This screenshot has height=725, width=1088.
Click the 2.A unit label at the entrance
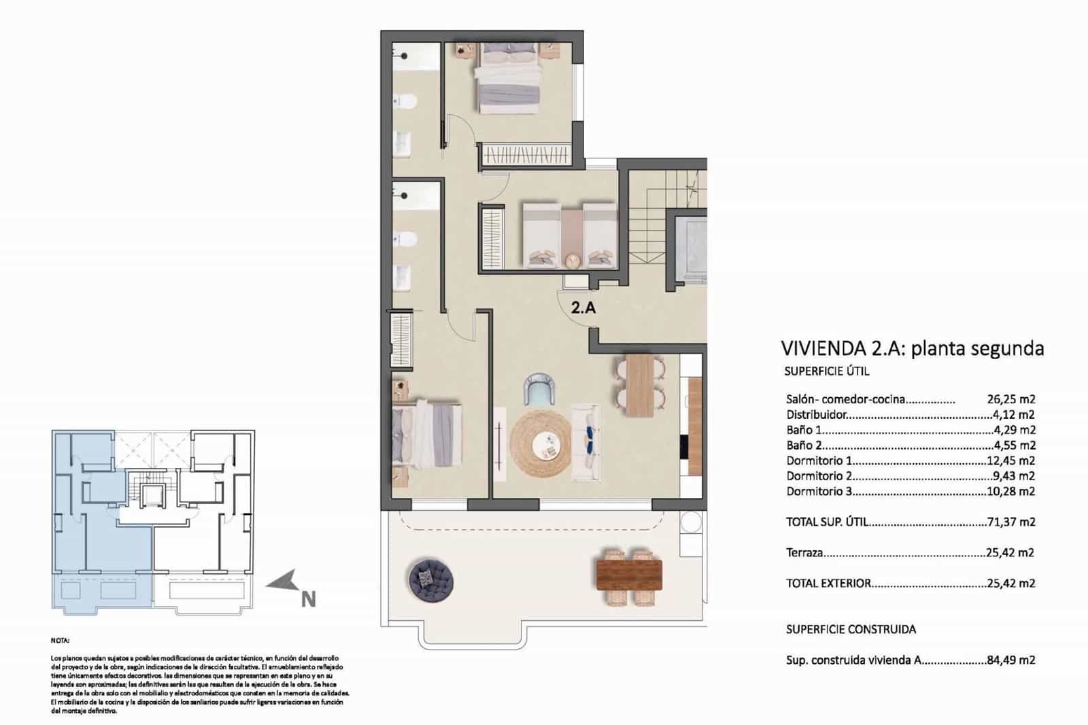pos(583,307)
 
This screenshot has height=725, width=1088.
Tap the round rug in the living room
pos(541,445)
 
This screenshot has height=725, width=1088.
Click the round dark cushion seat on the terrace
pos(431,579)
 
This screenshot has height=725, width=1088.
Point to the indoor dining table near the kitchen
pos(640,385)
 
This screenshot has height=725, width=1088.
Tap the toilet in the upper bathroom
pos(406,102)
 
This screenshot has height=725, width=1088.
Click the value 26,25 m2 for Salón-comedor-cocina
pos(1010,400)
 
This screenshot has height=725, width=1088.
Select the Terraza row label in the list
pos(804,553)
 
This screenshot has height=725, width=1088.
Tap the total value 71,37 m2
pos(1010,522)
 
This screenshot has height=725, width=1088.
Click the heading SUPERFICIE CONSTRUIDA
pos(851,629)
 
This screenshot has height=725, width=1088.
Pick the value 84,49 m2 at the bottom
pos(1010,660)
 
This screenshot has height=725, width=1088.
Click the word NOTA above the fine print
pos(60,641)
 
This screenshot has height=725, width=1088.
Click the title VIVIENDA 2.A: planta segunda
pos(913,349)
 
